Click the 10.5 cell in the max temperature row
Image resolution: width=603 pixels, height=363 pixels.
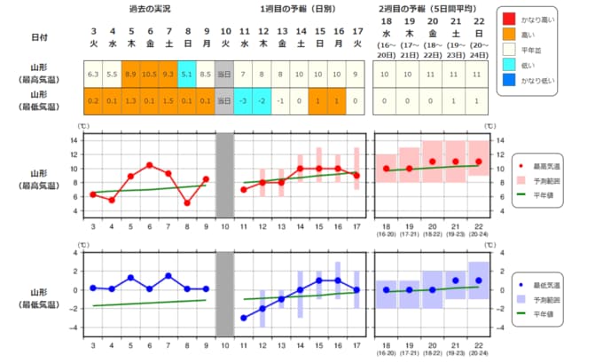click(150, 74)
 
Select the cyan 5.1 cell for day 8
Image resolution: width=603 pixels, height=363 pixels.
click(186, 74)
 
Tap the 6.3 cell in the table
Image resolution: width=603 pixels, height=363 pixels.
click(93, 74)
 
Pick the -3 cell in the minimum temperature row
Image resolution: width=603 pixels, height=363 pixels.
click(243, 100)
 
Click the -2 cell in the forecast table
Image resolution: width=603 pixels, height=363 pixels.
click(262, 100)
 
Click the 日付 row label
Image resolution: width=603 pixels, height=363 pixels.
click(40, 36)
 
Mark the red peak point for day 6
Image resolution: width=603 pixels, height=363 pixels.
click(150, 165)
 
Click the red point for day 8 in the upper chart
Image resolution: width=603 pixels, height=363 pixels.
click(186, 202)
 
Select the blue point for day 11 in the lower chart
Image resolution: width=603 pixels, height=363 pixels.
click(243, 318)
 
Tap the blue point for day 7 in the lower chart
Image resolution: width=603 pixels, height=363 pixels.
click(168, 276)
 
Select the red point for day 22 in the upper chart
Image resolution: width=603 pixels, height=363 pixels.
click(478, 162)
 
